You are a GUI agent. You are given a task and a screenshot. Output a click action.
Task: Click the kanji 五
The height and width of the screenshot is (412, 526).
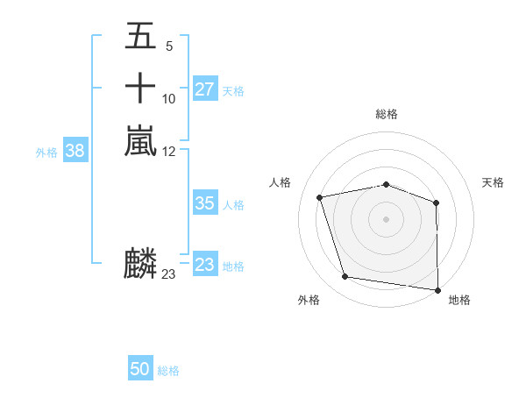(140, 37)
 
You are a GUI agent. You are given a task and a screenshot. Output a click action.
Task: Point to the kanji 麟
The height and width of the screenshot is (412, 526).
(140, 263)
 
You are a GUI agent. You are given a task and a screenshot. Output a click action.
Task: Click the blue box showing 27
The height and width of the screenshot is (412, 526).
(204, 89)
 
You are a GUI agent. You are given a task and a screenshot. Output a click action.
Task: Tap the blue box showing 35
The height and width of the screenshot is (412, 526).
(204, 203)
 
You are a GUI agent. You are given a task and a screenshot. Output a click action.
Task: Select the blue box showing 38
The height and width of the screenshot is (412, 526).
(75, 151)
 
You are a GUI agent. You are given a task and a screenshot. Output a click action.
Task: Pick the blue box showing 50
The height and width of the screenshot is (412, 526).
(140, 369)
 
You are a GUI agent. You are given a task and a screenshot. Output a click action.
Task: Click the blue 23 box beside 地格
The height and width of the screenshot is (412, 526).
(204, 265)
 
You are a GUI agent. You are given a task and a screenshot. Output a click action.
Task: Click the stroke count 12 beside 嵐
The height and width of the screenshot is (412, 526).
(169, 150)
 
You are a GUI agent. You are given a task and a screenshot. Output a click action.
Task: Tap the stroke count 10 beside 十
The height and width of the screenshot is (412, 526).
(169, 98)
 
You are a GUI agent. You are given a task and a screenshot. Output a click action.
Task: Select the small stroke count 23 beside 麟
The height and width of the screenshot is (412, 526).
(168, 274)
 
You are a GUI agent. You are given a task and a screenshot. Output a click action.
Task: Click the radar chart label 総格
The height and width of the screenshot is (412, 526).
(387, 114)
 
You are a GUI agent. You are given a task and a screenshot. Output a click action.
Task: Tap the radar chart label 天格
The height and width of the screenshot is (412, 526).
(494, 182)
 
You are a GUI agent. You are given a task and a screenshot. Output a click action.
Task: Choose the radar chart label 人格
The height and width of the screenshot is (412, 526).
(281, 182)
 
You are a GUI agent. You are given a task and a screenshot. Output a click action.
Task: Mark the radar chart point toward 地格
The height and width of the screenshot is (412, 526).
(437, 289)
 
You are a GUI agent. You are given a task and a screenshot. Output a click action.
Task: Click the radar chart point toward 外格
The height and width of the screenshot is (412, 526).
(345, 277)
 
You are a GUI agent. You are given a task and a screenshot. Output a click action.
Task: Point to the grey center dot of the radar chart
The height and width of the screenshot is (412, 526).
(387, 218)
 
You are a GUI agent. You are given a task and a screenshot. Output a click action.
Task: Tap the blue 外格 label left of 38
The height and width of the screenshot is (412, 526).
(46, 152)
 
